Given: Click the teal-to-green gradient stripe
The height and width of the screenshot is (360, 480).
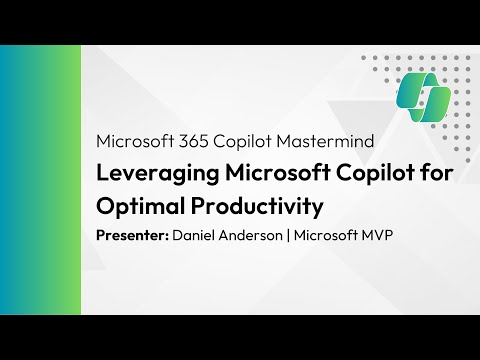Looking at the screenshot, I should click(40, 180).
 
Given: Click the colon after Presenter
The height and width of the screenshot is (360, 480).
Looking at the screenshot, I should click(166, 239).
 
